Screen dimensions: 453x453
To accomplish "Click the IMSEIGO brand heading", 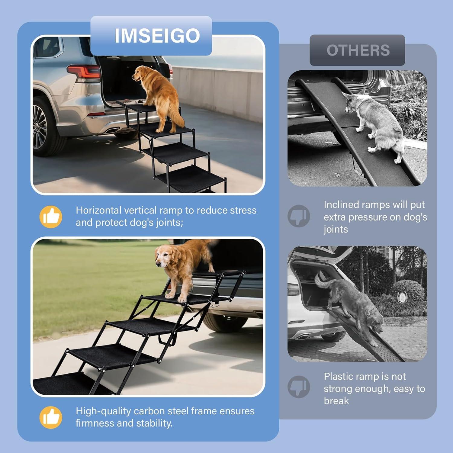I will [157, 36].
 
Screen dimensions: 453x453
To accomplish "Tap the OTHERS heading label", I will [358, 50].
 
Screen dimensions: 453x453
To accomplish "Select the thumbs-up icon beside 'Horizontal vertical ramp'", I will [51, 217].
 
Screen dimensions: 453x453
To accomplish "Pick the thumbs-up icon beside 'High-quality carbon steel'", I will [51, 417].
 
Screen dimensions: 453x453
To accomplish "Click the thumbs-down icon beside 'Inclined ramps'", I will [299, 216].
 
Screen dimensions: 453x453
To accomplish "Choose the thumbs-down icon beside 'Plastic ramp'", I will [299, 387].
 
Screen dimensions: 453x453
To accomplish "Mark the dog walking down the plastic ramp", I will [353, 305].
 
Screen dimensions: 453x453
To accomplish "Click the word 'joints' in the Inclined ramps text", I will [336, 229].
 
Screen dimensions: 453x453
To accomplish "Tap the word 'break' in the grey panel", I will [336, 401].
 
